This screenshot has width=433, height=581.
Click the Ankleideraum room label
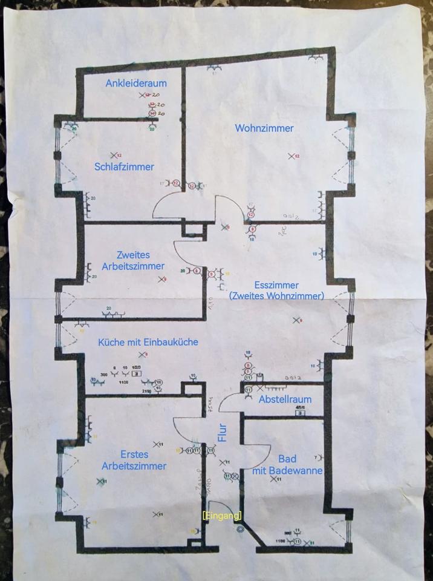(135, 82)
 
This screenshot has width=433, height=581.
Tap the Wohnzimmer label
(264, 128)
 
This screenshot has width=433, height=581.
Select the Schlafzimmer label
(124, 166)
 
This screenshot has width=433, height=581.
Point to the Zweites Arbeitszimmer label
(134, 260)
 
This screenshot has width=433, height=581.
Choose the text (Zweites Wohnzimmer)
(276, 295)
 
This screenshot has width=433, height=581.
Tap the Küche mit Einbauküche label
(148, 342)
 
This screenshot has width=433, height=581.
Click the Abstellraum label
(285, 399)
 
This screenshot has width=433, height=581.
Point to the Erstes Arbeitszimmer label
(134, 460)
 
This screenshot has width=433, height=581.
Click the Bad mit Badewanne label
(287, 465)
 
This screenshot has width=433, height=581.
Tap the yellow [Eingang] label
(222, 515)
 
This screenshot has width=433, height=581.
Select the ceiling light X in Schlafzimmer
(111, 156)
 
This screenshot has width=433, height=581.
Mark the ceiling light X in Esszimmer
(296, 320)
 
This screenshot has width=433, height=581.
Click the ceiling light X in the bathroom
(273, 479)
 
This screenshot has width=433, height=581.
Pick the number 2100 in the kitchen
(147, 392)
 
